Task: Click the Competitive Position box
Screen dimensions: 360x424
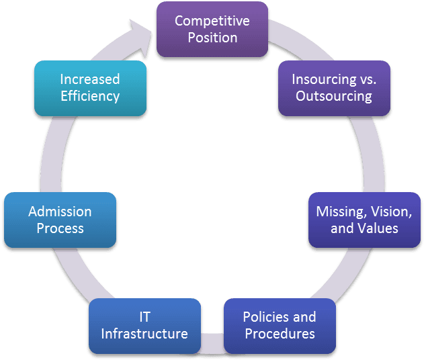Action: coord(212,29)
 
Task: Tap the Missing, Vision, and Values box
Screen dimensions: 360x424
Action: coord(364,220)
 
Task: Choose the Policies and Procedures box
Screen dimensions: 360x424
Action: coord(279,325)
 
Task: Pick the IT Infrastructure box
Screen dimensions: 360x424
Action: coord(144,325)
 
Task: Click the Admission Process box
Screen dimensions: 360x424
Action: coord(60,220)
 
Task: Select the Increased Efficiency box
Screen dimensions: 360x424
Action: coord(90,87)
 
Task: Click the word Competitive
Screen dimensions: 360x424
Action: coord(212,21)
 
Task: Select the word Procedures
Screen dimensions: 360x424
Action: coord(280,334)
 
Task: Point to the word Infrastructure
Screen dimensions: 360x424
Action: coord(144,334)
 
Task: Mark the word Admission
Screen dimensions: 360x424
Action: coord(60,212)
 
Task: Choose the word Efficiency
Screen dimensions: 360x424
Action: coord(90,96)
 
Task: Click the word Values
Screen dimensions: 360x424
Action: coord(378,228)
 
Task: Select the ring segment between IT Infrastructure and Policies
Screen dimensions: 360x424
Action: coord(212,343)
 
